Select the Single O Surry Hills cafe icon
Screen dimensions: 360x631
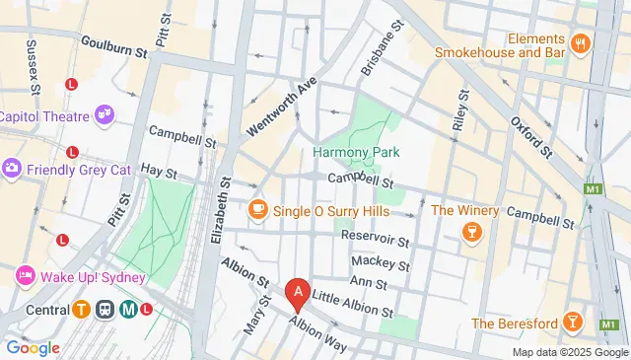[x=258, y=210]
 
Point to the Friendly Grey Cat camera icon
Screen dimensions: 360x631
[x=13, y=168]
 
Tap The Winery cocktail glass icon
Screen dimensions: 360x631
[x=471, y=231]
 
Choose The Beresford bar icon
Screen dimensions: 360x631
[x=572, y=323]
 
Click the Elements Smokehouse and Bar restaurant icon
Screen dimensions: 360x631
[x=580, y=42]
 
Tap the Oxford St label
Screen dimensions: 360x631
[x=531, y=136]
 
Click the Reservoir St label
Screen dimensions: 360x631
[x=375, y=238]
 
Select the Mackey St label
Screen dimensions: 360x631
[x=381, y=263]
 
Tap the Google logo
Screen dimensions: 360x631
[x=33, y=347]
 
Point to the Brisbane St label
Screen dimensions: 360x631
[x=383, y=48]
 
